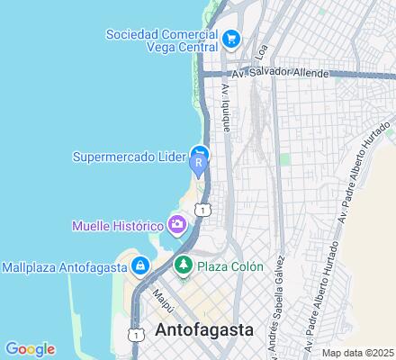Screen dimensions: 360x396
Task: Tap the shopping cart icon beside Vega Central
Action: pyautogui.click(x=232, y=38)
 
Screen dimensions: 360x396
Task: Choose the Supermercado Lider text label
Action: pyautogui.click(x=129, y=155)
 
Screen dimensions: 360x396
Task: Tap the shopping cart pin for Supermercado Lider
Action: pyautogui.click(x=199, y=152)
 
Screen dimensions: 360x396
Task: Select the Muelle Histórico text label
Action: pyautogui.click(x=118, y=224)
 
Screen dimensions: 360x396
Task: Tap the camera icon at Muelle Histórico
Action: pyautogui.click(x=178, y=223)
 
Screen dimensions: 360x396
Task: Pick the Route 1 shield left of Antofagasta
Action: pyautogui.click(x=136, y=333)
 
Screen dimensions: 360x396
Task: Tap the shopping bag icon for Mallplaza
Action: pyautogui.click(x=140, y=266)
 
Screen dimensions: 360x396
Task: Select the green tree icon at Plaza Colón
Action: pyautogui.click(x=183, y=265)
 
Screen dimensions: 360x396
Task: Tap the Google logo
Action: pyautogui.click(x=30, y=348)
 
